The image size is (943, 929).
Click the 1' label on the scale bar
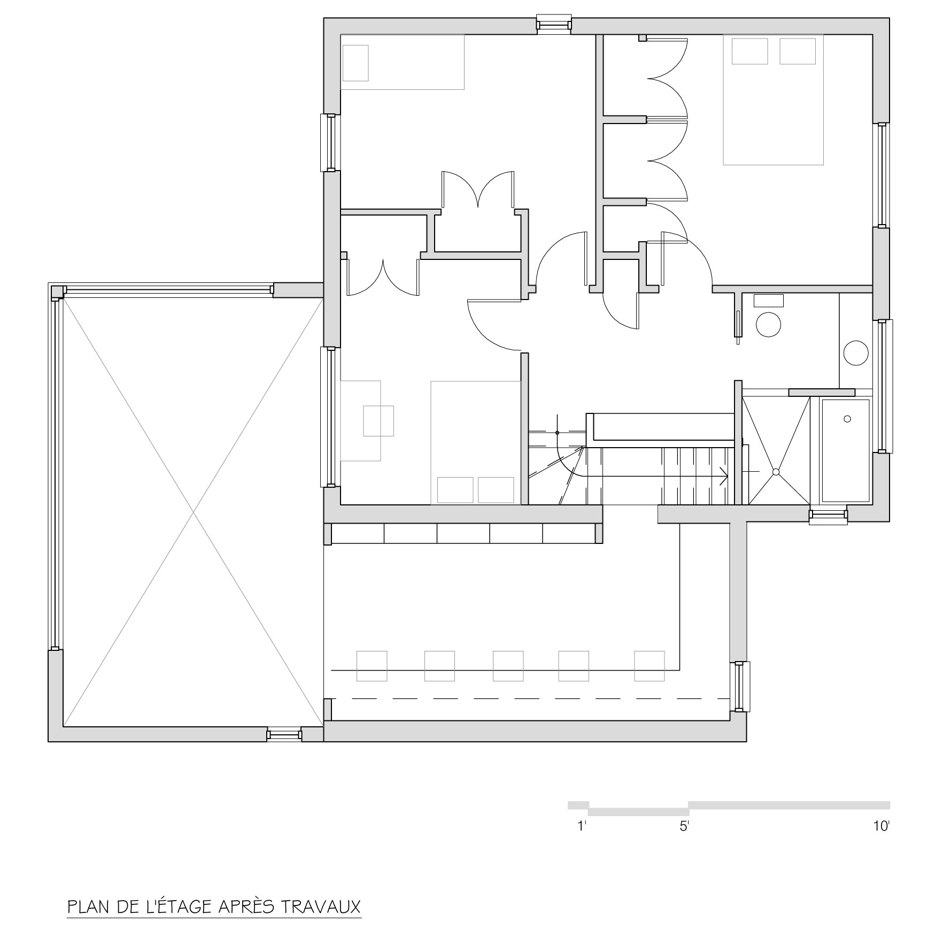(x=583, y=826)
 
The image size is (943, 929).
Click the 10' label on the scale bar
(x=881, y=826)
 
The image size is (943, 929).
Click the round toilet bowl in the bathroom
(x=768, y=324)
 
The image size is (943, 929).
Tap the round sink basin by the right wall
(x=856, y=353)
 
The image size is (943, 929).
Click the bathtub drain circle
(x=847, y=419)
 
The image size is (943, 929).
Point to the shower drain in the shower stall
(x=776, y=472)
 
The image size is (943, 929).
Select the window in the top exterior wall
(x=554, y=25)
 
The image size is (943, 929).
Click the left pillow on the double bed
(x=750, y=51)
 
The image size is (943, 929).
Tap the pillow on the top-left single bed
(x=355, y=63)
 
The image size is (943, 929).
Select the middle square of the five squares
(x=508, y=666)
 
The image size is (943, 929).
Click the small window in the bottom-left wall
(x=284, y=734)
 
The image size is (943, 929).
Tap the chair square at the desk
(x=378, y=421)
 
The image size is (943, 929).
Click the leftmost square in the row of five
(x=372, y=666)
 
